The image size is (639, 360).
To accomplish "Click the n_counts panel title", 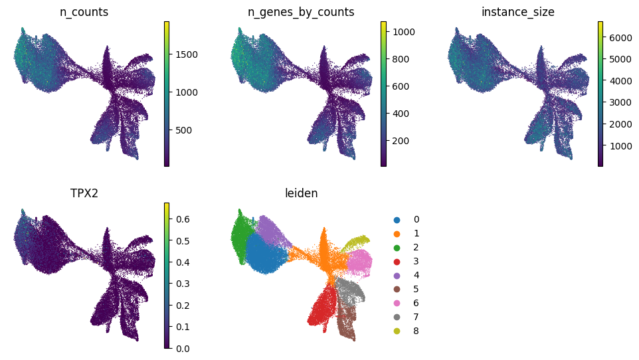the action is (x=84, y=12).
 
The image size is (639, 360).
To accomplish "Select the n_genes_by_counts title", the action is (x=301, y=12).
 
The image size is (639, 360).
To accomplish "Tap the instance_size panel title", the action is (x=517, y=12).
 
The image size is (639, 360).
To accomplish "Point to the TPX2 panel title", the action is (x=84, y=193).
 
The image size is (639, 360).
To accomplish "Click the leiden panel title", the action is (x=301, y=193).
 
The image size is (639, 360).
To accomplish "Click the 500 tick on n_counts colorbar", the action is (x=184, y=130).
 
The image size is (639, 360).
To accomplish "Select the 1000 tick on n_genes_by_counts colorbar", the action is (x=403, y=32).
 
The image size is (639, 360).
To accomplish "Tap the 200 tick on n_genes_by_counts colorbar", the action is (x=401, y=141).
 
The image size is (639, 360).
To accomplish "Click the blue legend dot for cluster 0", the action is (x=397, y=220).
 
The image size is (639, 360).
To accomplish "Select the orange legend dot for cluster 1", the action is (x=397, y=234).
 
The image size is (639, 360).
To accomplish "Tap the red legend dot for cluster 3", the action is (x=397, y=262).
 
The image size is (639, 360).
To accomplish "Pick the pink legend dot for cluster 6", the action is (x=397, y=304).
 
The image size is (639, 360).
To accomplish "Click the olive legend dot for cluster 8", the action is (x=397, y=331).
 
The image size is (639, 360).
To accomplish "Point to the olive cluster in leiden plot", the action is (x=356, y=242).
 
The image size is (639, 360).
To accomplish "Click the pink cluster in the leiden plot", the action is (x=359, y=262).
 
